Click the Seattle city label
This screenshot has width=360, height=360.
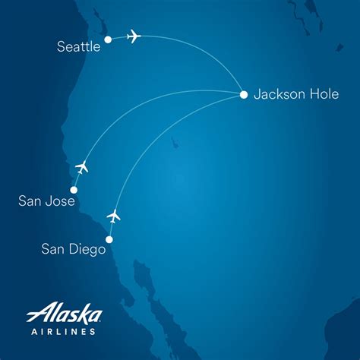(x=79, y=47)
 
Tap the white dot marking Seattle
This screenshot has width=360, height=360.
(x=108, y=39)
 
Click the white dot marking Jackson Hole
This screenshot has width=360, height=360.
(x=243, y=95)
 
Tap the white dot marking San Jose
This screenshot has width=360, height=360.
(x=74, y=190)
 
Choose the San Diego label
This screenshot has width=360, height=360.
(x=74, y=248)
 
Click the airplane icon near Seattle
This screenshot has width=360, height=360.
(x=134, y=36)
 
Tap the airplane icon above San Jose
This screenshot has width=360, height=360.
(x=82, y=166)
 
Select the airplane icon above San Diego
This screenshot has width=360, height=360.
(x=114, y=216)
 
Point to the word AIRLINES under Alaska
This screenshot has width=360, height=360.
(x=64, y=331)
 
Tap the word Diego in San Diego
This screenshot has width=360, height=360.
(x=87, y=248)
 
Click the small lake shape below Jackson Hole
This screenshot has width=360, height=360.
(x=175, y=142)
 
